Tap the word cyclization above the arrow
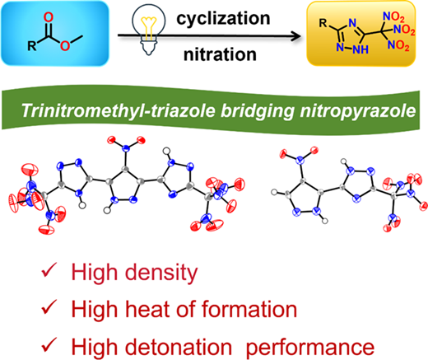(223, 19)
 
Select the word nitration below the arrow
(220, 54)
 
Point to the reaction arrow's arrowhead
(296, 35)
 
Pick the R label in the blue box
(32, 45)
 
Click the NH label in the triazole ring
(361, 49)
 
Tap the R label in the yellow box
(323, 23)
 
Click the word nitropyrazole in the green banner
(357, 111)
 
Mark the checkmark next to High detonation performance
(49, 344)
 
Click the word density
(161, 273)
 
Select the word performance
(310, 348)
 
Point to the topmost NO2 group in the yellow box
(393, 17)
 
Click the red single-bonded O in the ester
(65, 45)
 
